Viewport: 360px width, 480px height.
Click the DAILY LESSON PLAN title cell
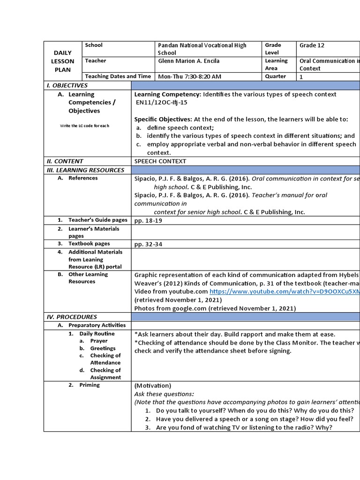point(63,61)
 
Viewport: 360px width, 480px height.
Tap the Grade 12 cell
point(312,45)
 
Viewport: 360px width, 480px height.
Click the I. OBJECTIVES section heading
point(67,85)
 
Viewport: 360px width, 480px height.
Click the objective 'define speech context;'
point(180,127)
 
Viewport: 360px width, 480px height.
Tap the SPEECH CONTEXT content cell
point(160,161)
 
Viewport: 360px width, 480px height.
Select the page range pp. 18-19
point(148,220)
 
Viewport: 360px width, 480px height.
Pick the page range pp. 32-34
point(148,244)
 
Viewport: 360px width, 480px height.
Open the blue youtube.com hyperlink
point(281,291)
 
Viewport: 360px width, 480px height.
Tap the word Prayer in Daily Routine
point(99,341)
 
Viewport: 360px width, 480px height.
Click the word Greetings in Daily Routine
point(103,348)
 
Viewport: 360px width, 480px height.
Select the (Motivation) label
point(153,385)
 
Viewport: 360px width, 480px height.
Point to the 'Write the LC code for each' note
point(84,126)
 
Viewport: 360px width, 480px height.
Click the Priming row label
point(90,385)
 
